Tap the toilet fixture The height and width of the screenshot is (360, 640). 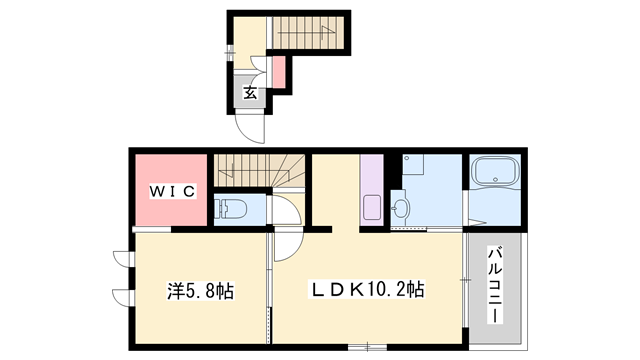tap(228, 210)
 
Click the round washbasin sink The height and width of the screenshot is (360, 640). tap(402, 208)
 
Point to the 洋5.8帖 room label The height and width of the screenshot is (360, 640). tap(200, 293)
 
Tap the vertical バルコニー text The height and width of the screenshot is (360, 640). tap(495, 285)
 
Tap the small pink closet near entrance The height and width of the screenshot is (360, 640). tap(280, 70)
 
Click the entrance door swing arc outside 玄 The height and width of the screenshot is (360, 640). tap(248, 128)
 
